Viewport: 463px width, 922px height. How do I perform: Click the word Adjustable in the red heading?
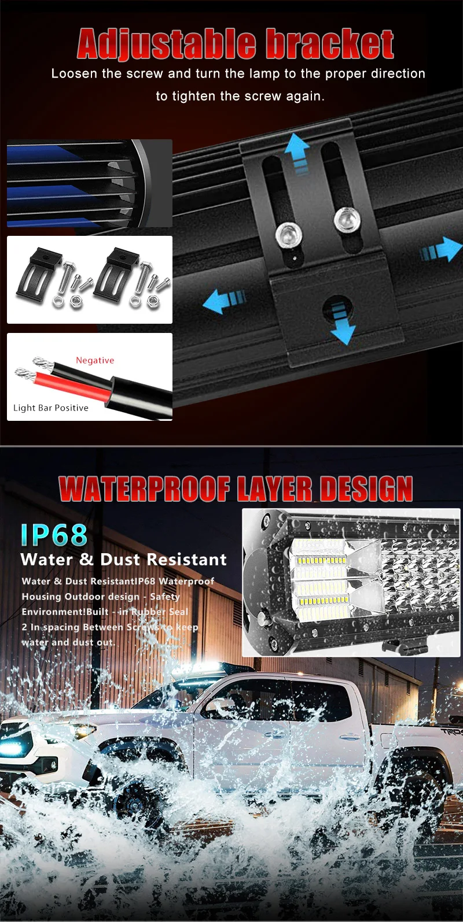tap(166, 45)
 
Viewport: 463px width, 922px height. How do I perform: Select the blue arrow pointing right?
tap(442, 250)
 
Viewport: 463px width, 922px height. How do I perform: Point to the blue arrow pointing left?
tap(223, 301)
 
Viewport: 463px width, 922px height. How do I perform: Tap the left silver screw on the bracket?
tap(289, 234)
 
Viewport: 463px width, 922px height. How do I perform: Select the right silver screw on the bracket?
tap(346, 220)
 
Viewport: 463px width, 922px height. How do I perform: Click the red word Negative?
tap(95, 360)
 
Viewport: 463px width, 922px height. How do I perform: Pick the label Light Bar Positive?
tap(51, 408)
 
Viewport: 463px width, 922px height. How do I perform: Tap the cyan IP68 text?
tap(54, 535)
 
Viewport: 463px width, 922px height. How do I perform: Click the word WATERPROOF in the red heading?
tap(145, 490)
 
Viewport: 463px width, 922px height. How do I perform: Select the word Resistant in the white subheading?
tap(186, 560)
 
